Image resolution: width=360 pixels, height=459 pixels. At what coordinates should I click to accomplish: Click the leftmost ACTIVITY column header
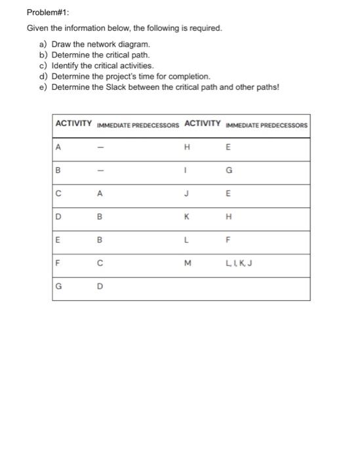tap(74, 124)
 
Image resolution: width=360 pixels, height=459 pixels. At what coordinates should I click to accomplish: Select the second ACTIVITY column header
tap(203, 124)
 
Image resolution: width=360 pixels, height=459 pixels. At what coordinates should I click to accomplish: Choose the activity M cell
tap(188, 264)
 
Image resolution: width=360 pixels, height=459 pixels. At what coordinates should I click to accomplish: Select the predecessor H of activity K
tap(228, 218)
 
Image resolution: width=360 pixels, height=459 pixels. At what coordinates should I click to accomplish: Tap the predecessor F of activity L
tap(228, 241)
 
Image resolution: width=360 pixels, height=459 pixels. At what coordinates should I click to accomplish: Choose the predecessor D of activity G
tap(100, 287)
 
